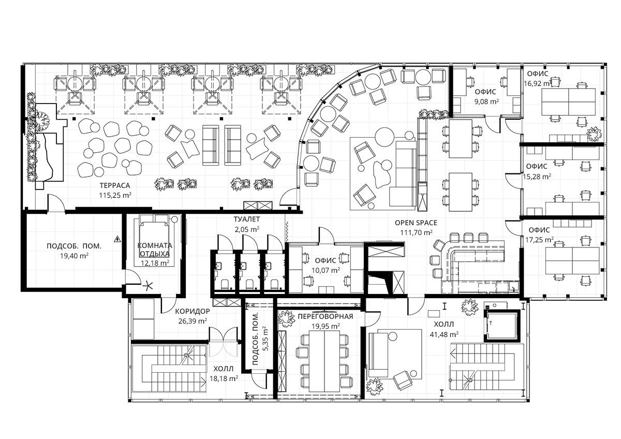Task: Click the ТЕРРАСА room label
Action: pos(115,185)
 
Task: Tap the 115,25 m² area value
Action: pos(115,195)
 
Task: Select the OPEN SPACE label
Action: pos(416,223)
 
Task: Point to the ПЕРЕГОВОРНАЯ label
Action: pos(326,316)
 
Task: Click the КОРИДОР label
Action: pos(193,311)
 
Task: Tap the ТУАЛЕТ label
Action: pos(247,219)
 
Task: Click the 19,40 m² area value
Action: pos(75,256)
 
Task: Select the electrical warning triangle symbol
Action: pos(117,239)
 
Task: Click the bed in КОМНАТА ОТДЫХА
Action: pos(154,240)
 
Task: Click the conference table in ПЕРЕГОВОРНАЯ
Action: pos(324,361)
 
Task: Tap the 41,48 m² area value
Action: pos(444,334)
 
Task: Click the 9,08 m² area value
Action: pos(486,101)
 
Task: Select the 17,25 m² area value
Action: pos(539,240)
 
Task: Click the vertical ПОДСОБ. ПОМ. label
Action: pos(256,339)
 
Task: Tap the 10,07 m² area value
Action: pos(326,270)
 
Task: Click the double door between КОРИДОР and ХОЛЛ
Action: pos(224,342)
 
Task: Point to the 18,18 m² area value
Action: pos(224,378)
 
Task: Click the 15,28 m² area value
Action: pos(537,177)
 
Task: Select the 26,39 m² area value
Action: pos(193,321)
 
